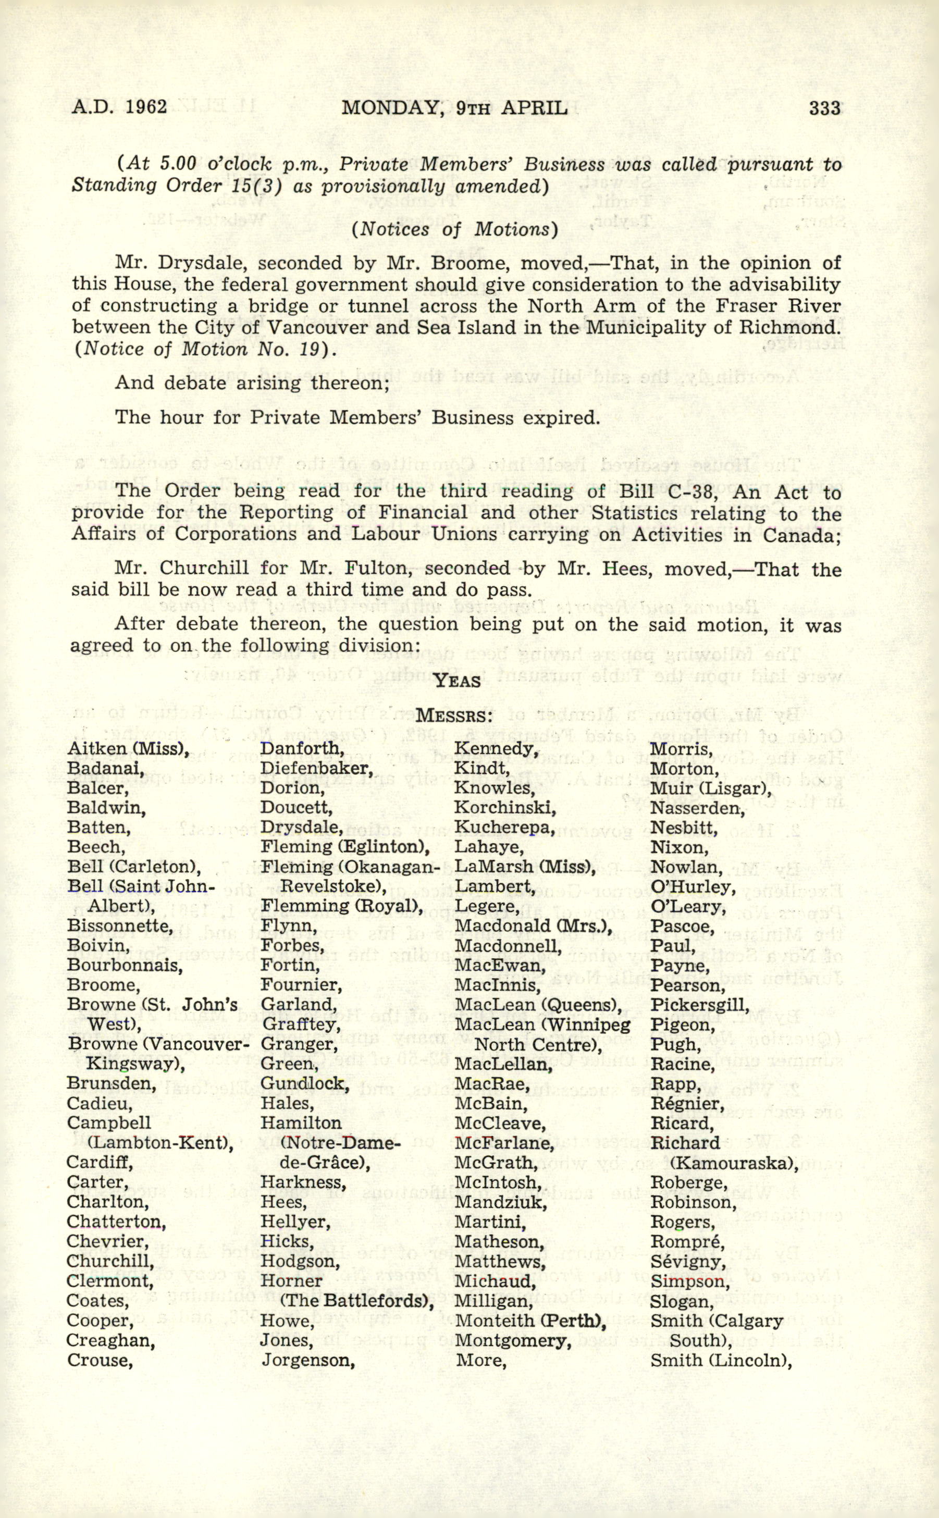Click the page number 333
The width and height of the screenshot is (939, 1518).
(x=824, y=108)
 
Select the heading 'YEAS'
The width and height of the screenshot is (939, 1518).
(x=457, y=681)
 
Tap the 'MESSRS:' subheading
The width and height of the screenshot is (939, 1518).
(x=454, y=716)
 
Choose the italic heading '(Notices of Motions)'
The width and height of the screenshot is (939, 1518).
(x=454, y=230)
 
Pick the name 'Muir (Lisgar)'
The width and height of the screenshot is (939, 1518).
(x=710, y=788)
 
